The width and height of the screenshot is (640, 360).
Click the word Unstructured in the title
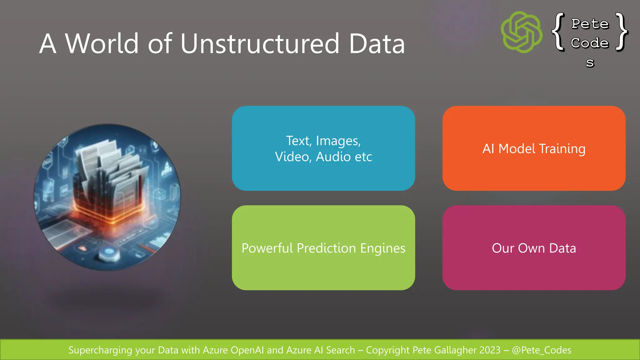[x=260, y=43]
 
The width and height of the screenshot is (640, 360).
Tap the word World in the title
[x=102, y=43]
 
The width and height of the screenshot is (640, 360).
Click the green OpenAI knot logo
[x=522, y=32]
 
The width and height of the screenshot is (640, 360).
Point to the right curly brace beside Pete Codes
[x=622, y=32]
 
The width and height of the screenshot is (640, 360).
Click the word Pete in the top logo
[x=590, y=24]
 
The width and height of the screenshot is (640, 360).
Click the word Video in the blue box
[x=292, y=157]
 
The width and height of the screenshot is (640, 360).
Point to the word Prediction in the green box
[x=326, y=248]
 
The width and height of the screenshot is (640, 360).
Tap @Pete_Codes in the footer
[x=542, y=350]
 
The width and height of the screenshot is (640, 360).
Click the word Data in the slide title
[x=377, y=43]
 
